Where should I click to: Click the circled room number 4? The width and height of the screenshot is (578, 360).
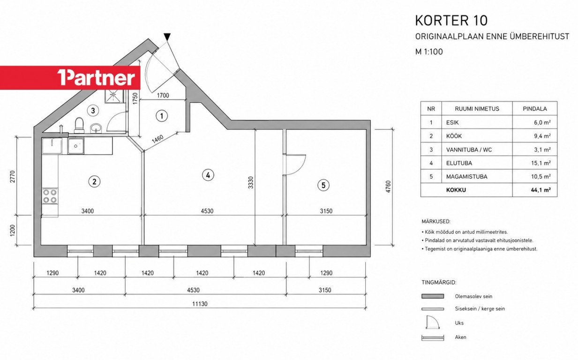[208, 175]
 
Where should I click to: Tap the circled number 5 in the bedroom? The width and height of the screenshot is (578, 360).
[323, 185]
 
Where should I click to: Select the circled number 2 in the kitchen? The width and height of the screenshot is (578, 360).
[94, 182]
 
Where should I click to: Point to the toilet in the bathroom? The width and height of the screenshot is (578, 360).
[79, 125]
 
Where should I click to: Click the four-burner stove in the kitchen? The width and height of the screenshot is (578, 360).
[50, 196]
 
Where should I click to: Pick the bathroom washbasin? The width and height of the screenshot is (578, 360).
[96, 128]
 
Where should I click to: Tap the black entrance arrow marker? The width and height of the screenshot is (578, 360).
[167, 37]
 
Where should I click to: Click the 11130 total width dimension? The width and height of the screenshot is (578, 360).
[200, 304]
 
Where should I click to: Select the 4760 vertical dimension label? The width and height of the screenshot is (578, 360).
[388, 187]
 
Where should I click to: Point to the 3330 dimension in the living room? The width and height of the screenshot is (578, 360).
[251, 182]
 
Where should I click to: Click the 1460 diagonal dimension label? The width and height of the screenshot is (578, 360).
[158, 139]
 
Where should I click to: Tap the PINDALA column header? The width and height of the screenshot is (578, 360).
[535, 109]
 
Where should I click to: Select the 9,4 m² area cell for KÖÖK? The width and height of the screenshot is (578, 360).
[542, 136]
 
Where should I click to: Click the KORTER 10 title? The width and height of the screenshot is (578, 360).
[451, 21]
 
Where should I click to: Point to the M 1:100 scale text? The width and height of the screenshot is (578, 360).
[429, 52]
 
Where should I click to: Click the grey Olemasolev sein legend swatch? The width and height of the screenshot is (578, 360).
[433, 296]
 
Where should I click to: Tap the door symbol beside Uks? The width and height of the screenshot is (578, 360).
[433, 322]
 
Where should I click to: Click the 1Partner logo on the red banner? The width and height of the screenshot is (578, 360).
[96, 77]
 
